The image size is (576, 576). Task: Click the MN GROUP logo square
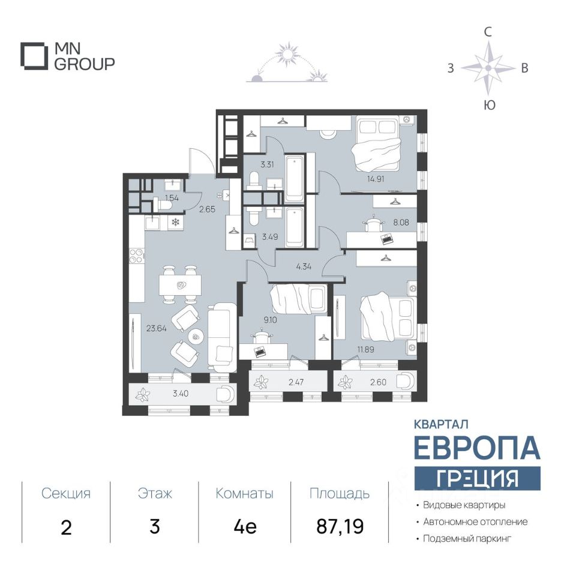pyautogui.click(x=34, y=56)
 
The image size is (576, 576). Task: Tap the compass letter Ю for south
pyautogui.click(x=489, y=106)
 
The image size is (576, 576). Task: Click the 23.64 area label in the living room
pyautogui.click(x=157, y=328)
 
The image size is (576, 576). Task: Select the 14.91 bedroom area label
pyautogui.click(x=376, y=179)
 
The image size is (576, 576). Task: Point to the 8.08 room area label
pyautogui.click(x=401, y=222)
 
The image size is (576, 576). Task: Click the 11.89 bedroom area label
pyautogui.click(x=365, y=349)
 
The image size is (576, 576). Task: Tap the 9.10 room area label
pyautogui.click(x=271, y=320)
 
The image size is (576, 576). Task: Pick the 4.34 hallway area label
pyautogui.click(x=304, y=266)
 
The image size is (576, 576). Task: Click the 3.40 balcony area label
pyautogui.click(x=181, y=394)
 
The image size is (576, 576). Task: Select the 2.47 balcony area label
pyautogui.click(x=296, y=382)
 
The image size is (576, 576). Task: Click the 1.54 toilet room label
pyautogui.click(x=172, y=199)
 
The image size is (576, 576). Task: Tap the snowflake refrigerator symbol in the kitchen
pyautogui.click(x=176, y=222)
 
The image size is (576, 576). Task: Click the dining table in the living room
pyautogui.click(x=180, y=285)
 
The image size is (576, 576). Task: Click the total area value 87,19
pyautogui.click(x=340, y=526)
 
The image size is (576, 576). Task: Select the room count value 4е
pyautogui.click(x=245, y=526)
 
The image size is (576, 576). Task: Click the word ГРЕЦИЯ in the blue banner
pyautogui.click(x=477, y=478)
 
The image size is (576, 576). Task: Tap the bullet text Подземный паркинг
pyautogui.click(x=467, y=539)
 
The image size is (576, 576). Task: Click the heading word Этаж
pyautogui.click(x=155, y=493)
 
